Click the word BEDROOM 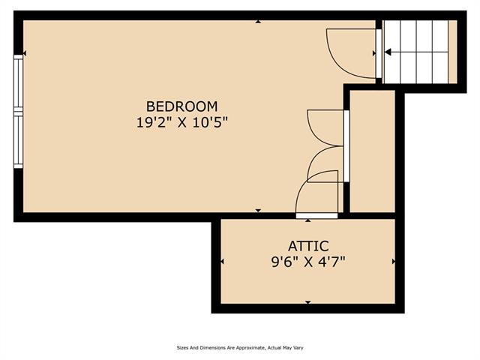[181, 106]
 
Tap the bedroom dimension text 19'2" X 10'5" [182, 123]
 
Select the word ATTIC [308, 246]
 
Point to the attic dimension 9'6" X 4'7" [308, 262]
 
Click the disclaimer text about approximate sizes [240, 348]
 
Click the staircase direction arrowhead [388, 52]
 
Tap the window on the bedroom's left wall [18, 112]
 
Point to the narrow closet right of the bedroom [372, 151]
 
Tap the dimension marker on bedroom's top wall [258, 22]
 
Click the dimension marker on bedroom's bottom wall [258, 210]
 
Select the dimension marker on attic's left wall [222, 262]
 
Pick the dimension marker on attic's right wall [394, 262]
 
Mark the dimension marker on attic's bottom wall [308, 302]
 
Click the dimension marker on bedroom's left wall [25, 53]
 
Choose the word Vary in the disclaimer [298, 348]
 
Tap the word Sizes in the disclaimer [181, 348]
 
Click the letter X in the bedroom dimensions [182, 123]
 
